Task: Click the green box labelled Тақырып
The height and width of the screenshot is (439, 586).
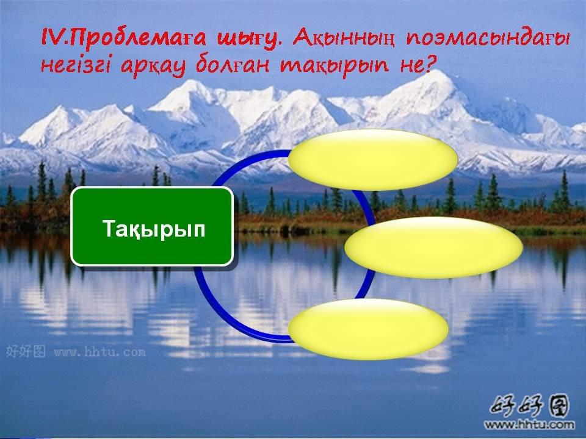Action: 152,227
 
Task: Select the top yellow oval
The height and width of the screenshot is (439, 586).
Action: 373,160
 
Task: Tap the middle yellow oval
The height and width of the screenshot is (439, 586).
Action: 433,248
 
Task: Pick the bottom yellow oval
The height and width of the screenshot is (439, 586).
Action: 368,329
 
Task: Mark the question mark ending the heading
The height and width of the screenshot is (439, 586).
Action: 431,64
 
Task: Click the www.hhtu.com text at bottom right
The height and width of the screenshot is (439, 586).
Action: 529,424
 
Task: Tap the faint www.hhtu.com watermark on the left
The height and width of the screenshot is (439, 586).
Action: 99,352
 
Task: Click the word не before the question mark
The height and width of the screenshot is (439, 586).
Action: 410,66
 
